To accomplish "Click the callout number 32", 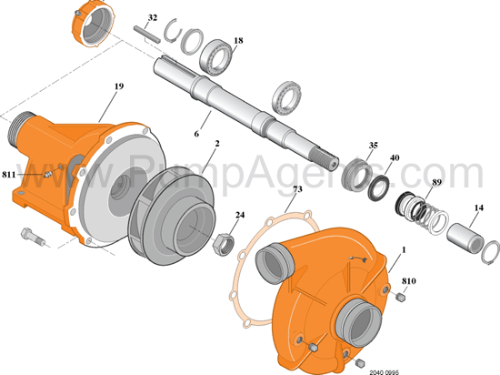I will [152, 18].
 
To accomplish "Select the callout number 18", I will [238, 41].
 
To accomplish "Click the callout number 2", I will [217, 143].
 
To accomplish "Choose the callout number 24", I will [240, 216].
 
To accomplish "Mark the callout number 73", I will [297, 189].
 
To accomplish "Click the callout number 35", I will [373, 146].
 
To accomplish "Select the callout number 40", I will [394, 157].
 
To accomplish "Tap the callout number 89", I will [437, 184].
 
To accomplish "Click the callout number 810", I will [406, 269].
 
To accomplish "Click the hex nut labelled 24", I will [222, 242].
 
